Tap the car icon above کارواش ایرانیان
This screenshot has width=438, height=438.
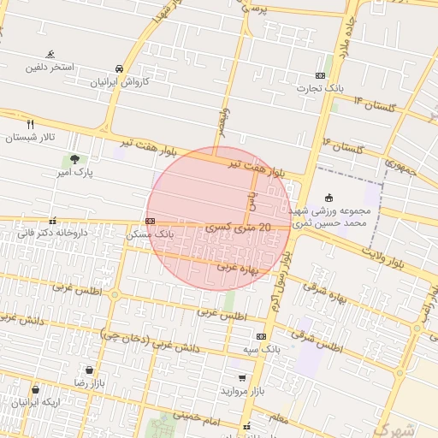(118, 68)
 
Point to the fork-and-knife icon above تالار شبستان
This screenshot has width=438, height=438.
(31, 123)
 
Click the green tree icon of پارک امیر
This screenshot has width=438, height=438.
(74, 158)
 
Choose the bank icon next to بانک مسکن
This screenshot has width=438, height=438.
(151, 221)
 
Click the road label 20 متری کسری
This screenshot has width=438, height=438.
(239, 228)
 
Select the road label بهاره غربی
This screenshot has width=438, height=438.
(236, 266)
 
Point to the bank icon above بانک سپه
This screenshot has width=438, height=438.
(261, 336)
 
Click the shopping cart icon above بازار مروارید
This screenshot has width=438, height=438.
(243, 377)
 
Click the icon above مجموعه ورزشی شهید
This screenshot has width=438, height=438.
(330, 198)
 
